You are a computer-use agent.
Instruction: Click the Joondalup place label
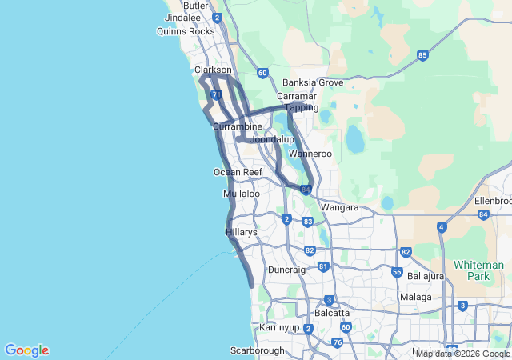pos(270,139)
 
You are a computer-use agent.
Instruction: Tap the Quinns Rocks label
pos(186,31)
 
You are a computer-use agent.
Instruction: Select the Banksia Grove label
pos(313,82)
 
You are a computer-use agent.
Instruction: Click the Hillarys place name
pos(241,231)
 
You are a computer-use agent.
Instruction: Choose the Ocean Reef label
pos(238,172)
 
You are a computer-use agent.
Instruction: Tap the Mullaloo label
pos(242,194)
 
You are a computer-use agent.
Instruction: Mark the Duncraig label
pos(287,270)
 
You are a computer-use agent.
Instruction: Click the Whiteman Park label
pos(478,270)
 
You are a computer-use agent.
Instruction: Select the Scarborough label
pos(258,350)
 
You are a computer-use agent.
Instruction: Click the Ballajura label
pos(426,276)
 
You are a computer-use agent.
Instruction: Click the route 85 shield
pos(422,55)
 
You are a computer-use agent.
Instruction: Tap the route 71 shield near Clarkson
pos(217,94)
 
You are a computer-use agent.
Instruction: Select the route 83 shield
pos(308,221)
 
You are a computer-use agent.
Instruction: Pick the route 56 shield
pos(397,272)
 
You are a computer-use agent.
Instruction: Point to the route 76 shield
pos(337,342)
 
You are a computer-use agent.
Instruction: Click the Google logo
pos(26,350)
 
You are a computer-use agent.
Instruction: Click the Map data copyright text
pos(462,354)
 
